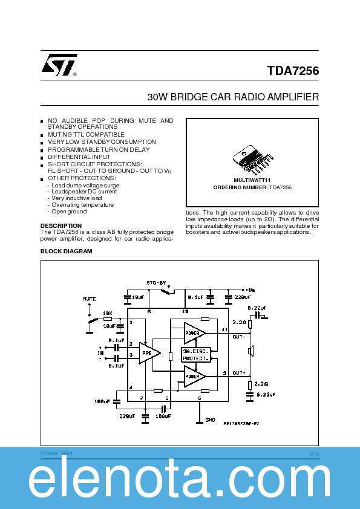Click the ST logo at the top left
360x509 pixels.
[59, 66]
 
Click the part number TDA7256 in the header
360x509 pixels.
[293, 71]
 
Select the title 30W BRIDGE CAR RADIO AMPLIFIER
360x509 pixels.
[233, 97]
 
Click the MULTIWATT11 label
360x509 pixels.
[252, 180]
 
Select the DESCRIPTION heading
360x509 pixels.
[61, 225]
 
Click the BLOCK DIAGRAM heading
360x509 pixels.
[67, 251]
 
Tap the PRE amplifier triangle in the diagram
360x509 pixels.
[148, 352]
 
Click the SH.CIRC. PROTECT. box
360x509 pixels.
[195, 355]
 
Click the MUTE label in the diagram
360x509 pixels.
[89, 299]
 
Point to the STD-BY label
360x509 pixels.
[155, 282]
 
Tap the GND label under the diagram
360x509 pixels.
[210, 420]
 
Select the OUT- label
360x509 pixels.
[238, 336]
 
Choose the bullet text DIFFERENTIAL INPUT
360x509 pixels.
[79, 157]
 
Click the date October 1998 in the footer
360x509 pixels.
[56, 453]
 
